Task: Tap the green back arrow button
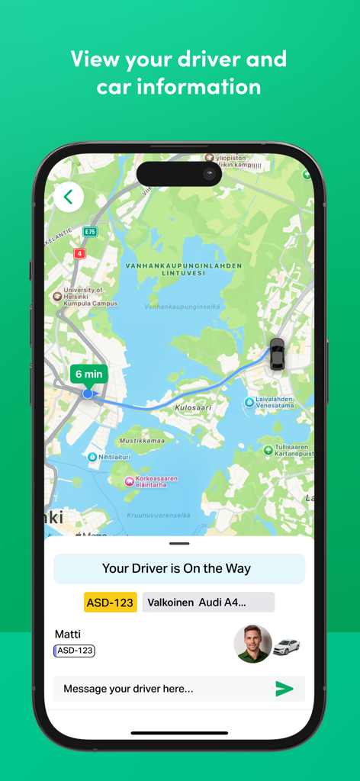tap(68, 197)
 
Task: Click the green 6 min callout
tap(88, 374)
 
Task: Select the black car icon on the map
tap(277, 354)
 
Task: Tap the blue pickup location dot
tap(88, 394)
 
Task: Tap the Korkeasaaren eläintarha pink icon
tap(129, 480)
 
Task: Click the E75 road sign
tap(90, 231)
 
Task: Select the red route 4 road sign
tap(79, 253)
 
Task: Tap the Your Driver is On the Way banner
tap(178, 568)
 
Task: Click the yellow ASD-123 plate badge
tap(110, 603)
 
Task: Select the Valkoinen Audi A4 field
tap(207, 603)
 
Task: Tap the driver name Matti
tap(68, 635)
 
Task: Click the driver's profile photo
tap(252, 644)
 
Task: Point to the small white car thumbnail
tap(286, 647)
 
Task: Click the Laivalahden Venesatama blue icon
tap(249, 402)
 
